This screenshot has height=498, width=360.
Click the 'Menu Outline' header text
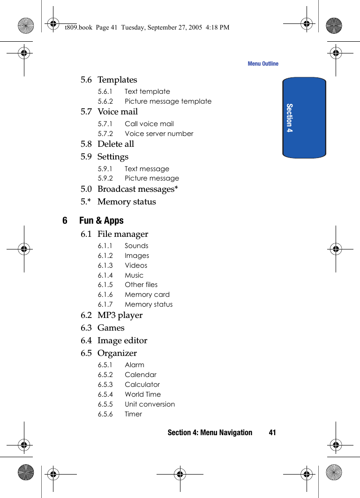coord(262,64)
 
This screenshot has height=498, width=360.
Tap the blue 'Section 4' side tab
coord(304,117)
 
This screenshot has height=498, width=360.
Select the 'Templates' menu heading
coord(117,80)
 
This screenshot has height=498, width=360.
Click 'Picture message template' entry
coord(168,101)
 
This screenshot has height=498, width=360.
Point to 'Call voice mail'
coord(149,124)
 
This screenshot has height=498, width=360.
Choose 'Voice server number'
coord(159,134)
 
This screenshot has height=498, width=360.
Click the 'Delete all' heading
coord(116,144)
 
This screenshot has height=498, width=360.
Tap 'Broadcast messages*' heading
coord(137,189)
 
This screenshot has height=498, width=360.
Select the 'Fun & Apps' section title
coord(101,220)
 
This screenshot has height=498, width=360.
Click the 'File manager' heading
coord(123,234)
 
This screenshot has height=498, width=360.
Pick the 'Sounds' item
coord(136,246)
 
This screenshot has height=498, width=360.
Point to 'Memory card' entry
coord(147,294)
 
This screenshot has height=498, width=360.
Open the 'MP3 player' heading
coord(120,315)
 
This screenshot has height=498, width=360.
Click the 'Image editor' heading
coord(122,340)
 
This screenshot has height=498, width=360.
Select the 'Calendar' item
coord(141,375)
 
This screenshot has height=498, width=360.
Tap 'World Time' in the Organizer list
coord(142,394)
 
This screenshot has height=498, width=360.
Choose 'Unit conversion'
coord(150,404)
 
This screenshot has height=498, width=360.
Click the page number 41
coord(272,432)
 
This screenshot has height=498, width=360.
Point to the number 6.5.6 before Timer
coord(105,414)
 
